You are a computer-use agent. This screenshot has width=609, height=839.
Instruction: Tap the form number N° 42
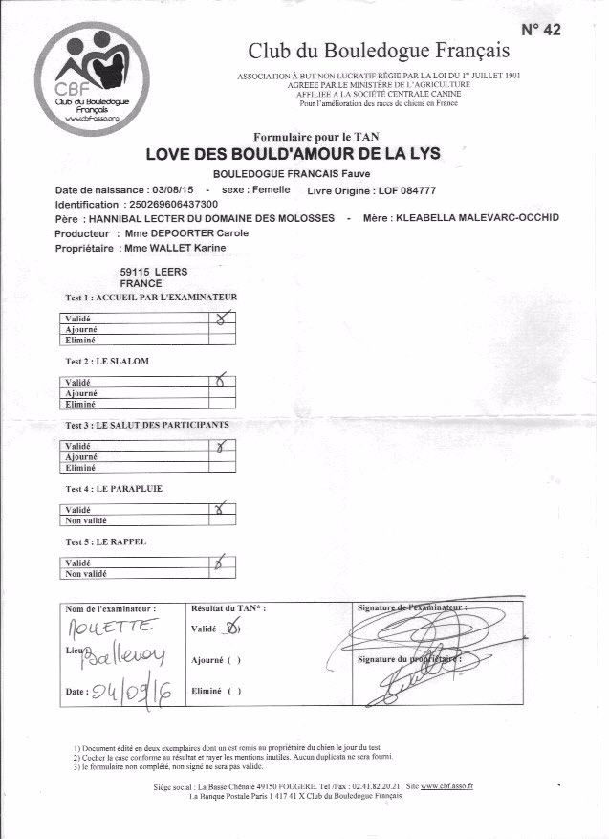point(541,30)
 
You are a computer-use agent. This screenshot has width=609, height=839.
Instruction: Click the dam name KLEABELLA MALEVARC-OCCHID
point(476,218)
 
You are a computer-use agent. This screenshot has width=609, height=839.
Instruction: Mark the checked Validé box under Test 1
point(223,320)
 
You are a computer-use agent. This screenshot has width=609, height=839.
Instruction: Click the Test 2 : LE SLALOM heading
point(106,361)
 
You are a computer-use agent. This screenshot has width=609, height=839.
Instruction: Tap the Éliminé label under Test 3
point(80,469)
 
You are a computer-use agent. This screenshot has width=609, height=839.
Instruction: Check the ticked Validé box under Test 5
point(222,563)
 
